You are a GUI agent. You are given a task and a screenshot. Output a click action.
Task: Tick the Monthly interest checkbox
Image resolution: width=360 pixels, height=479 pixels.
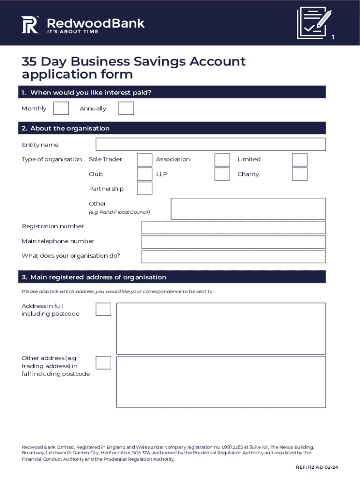[61, 108]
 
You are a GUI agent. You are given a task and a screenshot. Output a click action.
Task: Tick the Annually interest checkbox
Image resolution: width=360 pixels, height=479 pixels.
[126, 108]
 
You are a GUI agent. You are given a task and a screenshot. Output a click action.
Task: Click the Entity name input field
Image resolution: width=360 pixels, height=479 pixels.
[210, 145]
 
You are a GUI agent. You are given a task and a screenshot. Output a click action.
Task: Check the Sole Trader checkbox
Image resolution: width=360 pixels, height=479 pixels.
[144, 160]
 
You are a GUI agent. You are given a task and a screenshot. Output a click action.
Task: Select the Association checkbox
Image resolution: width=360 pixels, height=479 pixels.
[222, 160]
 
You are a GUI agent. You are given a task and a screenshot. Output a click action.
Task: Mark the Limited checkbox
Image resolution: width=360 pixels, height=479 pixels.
[300, 160]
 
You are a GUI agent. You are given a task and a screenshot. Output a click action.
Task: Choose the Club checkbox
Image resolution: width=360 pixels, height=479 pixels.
[144, 174]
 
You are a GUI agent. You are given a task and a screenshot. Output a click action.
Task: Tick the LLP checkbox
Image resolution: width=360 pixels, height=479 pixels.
[222, 174]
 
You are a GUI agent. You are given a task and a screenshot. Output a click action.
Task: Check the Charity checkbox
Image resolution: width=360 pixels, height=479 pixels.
[300, 174]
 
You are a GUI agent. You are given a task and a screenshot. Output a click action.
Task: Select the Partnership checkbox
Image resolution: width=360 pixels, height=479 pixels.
[144, 189]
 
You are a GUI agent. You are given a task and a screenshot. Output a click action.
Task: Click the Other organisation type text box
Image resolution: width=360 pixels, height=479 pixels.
[248, 209]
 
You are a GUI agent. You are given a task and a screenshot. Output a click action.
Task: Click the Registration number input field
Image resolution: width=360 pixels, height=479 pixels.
[233, 227]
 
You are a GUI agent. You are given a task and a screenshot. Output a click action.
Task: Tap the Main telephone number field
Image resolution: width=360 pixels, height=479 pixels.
[233, 242]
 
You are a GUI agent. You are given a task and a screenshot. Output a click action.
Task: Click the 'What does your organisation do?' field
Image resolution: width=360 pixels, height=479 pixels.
[233, 256]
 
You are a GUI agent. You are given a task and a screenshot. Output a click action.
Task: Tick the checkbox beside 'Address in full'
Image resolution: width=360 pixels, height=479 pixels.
[103, 309]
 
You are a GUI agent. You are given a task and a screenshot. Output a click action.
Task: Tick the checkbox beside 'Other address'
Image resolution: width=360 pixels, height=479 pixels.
[103, 363]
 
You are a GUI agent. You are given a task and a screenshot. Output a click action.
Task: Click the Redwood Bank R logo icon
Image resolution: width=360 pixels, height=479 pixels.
[30, 25]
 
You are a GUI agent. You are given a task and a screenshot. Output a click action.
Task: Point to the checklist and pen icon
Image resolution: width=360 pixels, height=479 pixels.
[314, 22]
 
